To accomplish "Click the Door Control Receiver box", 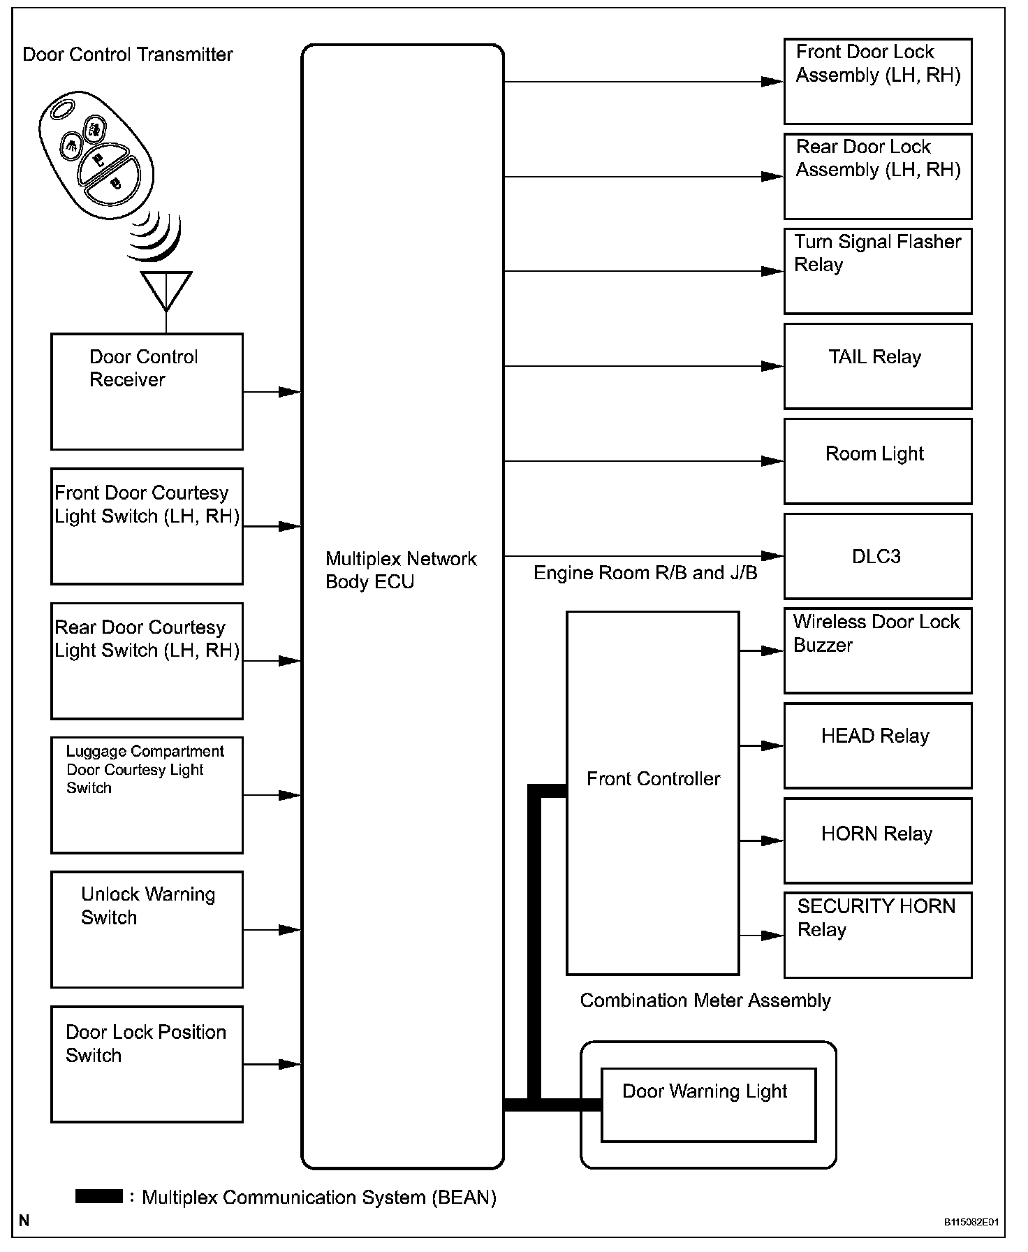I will (147, 391).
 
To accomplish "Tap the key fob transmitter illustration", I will (96, 150).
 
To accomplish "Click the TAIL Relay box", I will (877, 366).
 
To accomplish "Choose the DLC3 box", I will (877, 556).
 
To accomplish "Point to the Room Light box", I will (877, 461).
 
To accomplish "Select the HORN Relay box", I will (877, 840).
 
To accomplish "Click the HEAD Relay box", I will (877, 745).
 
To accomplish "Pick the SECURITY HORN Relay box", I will (877, 935).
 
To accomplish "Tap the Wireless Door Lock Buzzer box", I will (877, 650).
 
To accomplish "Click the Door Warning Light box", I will (708, 1105).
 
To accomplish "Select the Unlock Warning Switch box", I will (147, 929).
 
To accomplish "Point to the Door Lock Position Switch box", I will (147, 1064).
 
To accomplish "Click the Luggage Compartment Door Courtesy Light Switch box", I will (147, 795).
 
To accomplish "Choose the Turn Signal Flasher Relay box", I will (877, 271).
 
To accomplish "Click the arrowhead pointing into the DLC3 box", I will (772, 556).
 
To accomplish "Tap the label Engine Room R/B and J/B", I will (645, 574).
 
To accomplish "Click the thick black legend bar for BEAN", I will (98, 1196).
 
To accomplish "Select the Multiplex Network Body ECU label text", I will (401, 570).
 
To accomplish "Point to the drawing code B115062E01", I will (971, 1222).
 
